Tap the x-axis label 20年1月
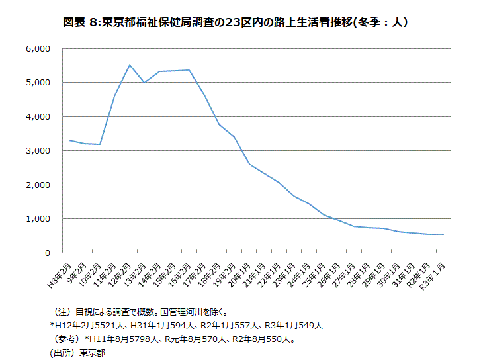click(243, 273)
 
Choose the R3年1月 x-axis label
click(439, 273)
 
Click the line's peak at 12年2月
click(130, 65)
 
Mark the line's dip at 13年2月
click(145, 83)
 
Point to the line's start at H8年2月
click(69, 140)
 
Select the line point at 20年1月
click(249, 164)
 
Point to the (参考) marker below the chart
click(66, 339)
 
